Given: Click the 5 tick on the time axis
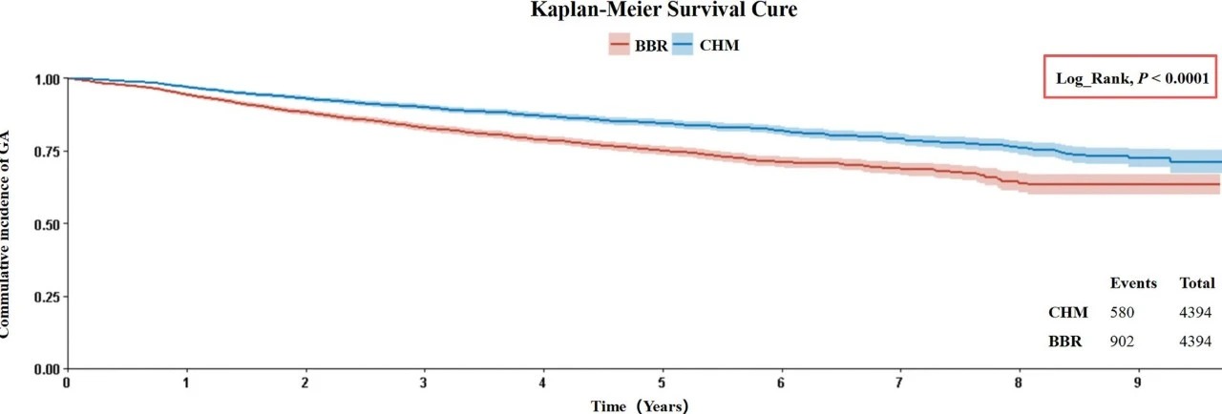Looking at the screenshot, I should click(663, 382).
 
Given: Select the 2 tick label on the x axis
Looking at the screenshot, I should click(305, 382).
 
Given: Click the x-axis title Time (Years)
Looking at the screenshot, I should click(639, 404).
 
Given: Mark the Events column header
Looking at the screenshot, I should click(1133, 283).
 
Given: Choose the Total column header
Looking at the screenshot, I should click(1197, 283).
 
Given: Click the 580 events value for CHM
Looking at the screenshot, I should click(1123, 312).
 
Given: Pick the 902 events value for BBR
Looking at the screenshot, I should click(1123, 342).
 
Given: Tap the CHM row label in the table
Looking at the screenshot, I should click(1067, 312).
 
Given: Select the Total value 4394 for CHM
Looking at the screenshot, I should click(1196, 312).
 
